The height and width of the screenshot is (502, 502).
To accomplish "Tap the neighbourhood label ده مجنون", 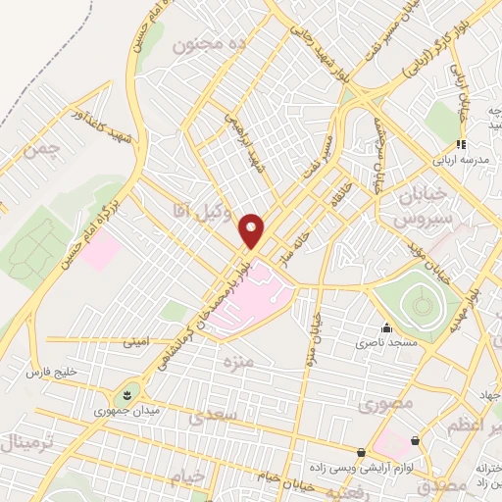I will [207, 44].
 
